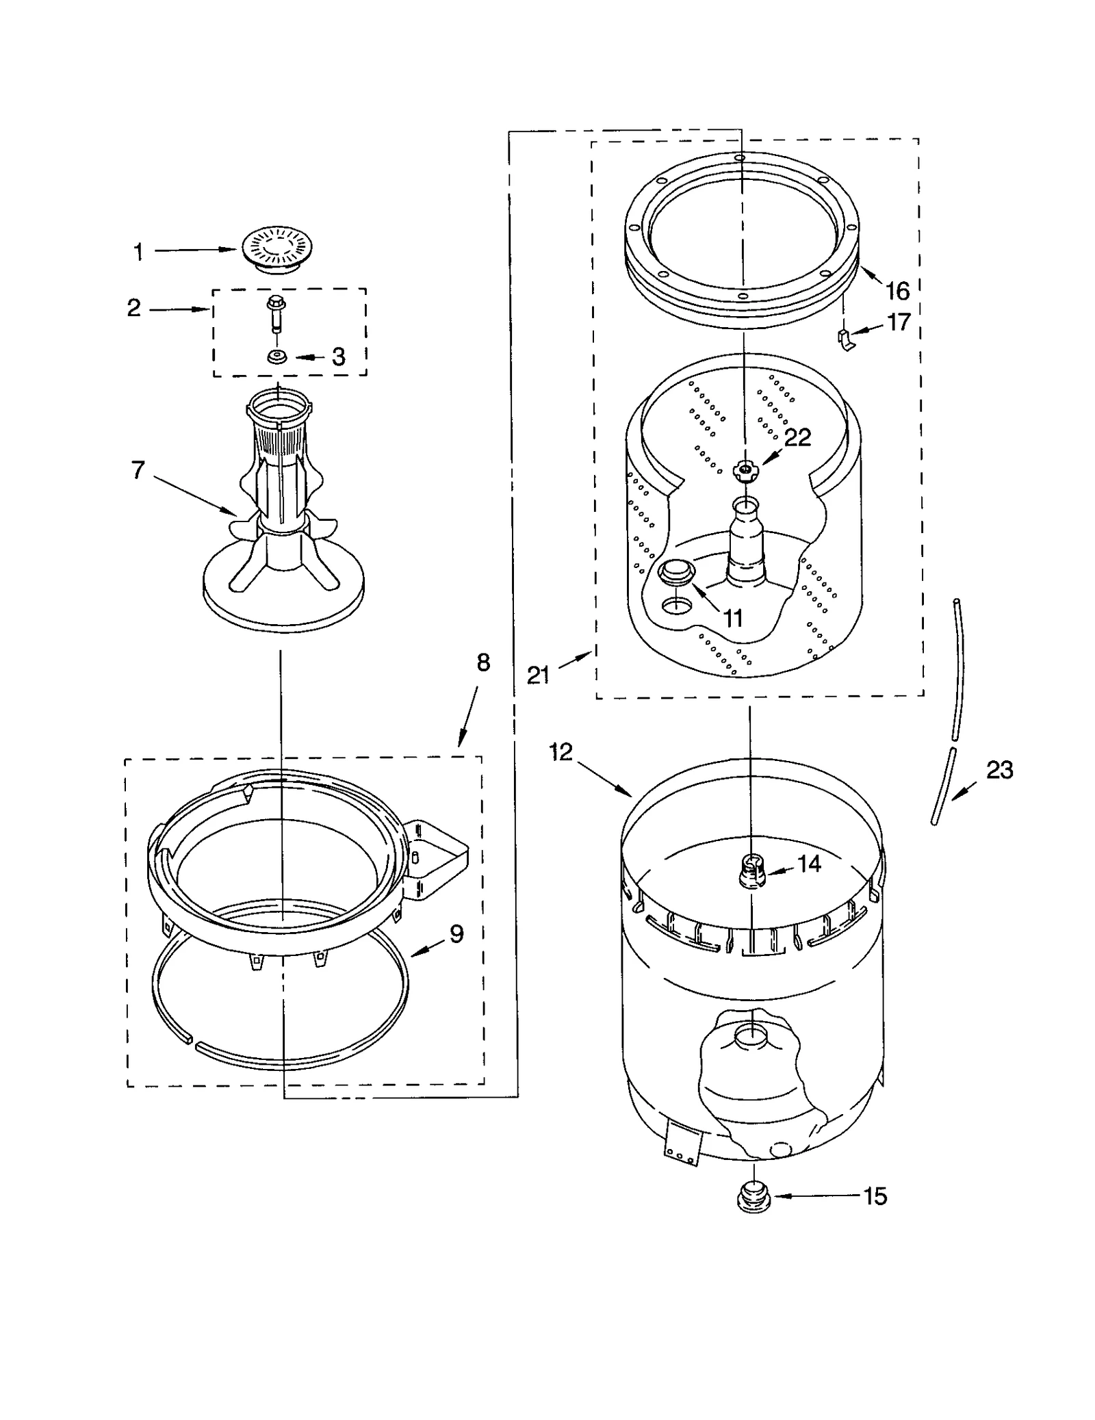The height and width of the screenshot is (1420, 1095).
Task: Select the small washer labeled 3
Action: click(x=277, y=357)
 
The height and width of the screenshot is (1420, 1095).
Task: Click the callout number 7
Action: click(x=138, y=470)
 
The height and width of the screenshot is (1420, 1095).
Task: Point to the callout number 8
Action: click(x=483, y=662)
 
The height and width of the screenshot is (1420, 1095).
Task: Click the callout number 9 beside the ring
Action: click(x=456, y=933)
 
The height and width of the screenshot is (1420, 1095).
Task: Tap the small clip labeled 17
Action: click(x=845, y=338)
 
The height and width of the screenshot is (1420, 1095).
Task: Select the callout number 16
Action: click(x=897, y=292)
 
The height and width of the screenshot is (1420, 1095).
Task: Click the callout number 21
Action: click(x=539, y=675)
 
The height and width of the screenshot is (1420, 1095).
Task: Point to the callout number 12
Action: click(x=560, y=753)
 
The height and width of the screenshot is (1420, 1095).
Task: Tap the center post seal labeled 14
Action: click(x=751, y=873)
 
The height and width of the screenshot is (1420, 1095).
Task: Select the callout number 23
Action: click(x=999, y=771)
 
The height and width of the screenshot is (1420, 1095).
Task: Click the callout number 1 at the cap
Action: click(x=139, y=252)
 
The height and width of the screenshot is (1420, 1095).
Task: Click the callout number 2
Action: click(x=134, y=308)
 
